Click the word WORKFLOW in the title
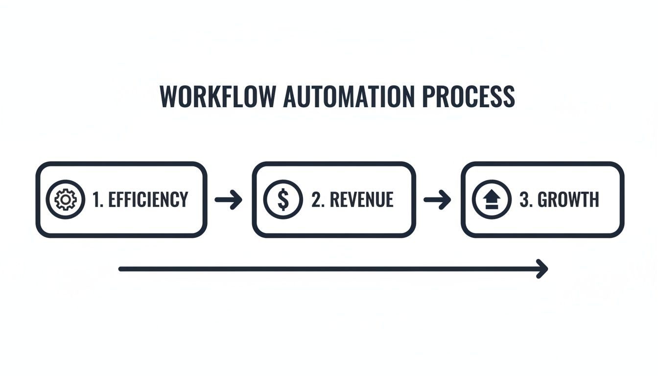(217, 97)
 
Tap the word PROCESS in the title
(468, 97)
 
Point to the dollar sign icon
(282, 200)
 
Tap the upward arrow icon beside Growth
(491, 200)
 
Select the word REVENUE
(362, 200)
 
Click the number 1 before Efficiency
(96, 200)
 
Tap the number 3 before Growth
(524, 200)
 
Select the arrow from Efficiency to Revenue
(229, 200)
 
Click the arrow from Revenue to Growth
(437, 200)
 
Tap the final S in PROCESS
(509, 97)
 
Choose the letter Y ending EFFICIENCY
(183, 200)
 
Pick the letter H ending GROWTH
(593, 200)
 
